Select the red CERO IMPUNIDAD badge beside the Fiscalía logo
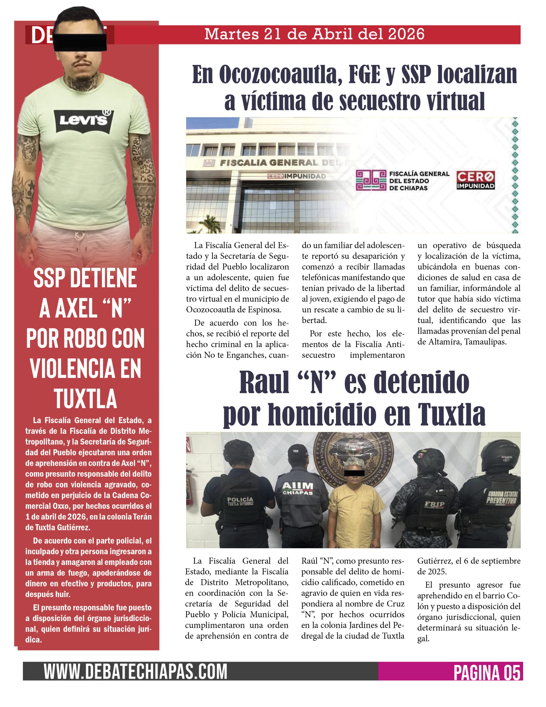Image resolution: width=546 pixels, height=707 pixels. pyautogui.click(x=475, y=180)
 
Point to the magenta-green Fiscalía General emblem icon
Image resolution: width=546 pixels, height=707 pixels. pyautogui.click(x=371, y=180)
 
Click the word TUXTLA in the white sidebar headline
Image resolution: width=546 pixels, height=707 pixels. pyautogui.click(x=85, y=399)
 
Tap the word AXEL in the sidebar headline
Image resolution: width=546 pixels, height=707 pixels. pyautogui.click(x=76, y=308)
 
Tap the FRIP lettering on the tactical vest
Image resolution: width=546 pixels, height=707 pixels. pyautogui.click(x=434, y=504)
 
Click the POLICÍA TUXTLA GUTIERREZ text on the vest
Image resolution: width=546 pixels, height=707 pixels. pyautogui.click(x=240, y=502)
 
